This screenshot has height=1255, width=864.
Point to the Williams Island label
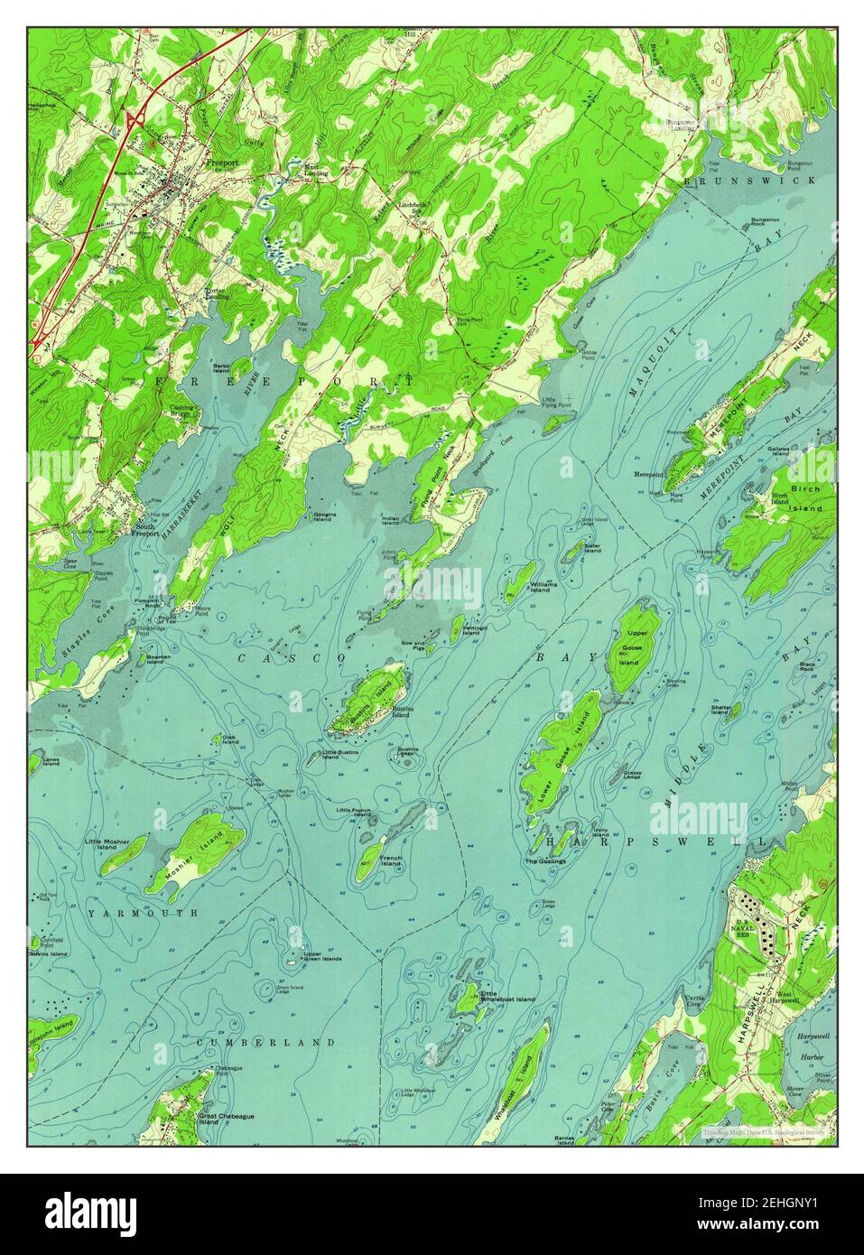point(543,588)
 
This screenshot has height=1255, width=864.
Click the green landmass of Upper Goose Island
point(637,645)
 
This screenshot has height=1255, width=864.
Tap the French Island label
point(390,860)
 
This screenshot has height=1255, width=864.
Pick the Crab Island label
point(228,745)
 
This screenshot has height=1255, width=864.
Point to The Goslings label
point(545,861)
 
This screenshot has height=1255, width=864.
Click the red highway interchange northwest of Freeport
point(135,120)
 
